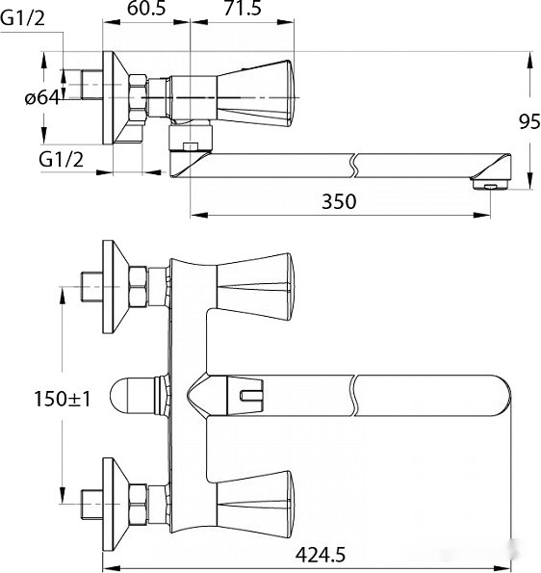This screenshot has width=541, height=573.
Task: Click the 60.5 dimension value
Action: [146, 8]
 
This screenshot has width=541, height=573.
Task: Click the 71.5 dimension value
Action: [243, 8]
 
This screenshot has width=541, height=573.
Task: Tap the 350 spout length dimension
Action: [339, 201]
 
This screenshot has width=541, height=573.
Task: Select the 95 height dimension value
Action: [529, 121]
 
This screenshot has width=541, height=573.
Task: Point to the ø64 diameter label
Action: [42, 98]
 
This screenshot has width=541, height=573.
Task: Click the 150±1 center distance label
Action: [63, 399]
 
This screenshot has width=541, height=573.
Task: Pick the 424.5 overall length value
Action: [321, 555]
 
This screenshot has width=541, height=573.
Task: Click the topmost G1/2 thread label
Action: [23, 18]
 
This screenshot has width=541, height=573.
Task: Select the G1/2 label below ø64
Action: [62, 159]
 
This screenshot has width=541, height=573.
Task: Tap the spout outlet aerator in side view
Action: [490, 184]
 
